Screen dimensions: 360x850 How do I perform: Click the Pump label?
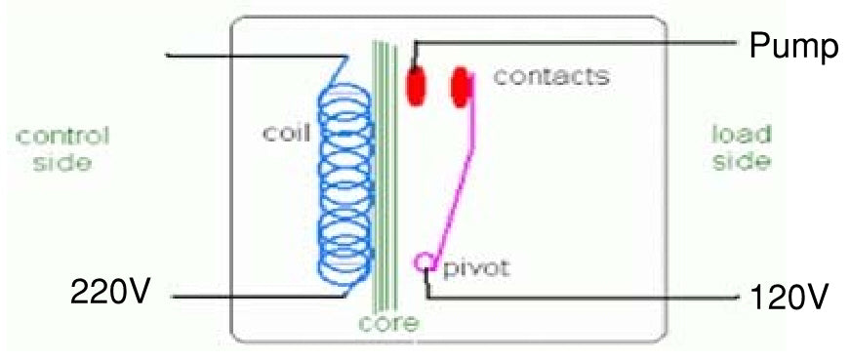pos(792,46)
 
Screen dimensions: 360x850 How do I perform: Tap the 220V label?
pos(107,291)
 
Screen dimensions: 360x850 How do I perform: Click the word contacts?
pos(550,76)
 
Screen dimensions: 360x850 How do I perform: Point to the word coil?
pos(285,134)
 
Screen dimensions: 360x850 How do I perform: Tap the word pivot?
pos(476,266)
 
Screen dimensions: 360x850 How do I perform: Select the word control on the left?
pos(62,136)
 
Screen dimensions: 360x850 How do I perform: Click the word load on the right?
pos(741,135)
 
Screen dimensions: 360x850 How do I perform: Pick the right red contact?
pos(461,86)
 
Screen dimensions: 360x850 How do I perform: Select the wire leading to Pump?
pos(586,42)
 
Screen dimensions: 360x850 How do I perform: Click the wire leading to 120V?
pos(586,296)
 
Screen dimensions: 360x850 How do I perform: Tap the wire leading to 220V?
pos(254,296)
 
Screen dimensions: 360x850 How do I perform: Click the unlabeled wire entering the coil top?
pos(254,56)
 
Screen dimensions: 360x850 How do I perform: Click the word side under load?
pos(741,162)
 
